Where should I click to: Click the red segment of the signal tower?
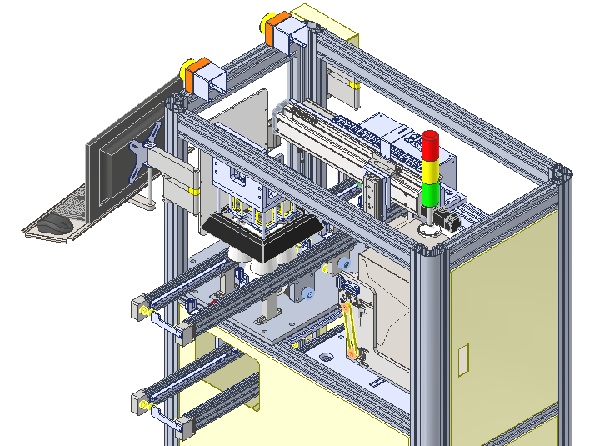(431, 145)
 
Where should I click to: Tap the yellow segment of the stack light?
(431, 172)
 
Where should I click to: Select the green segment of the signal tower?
(431, 195)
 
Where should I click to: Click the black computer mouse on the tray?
(57, 223)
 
